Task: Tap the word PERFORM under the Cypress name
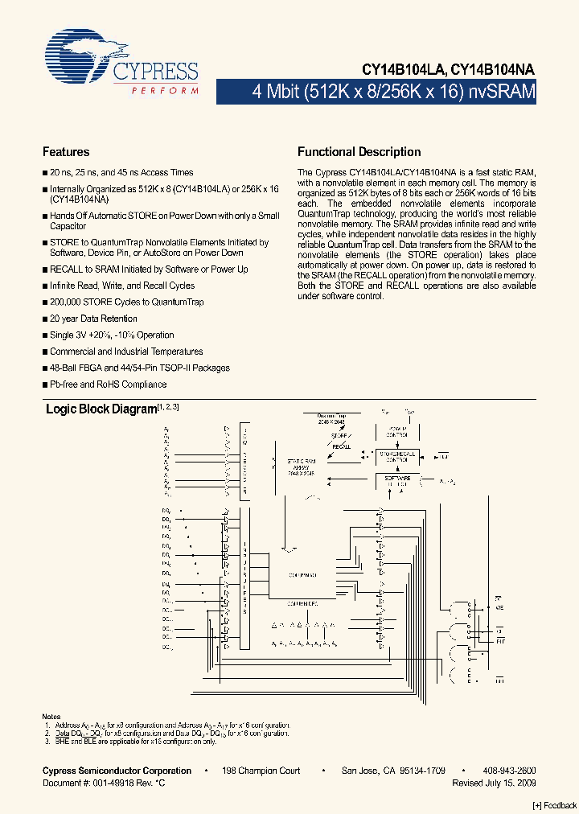165,91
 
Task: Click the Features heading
66,152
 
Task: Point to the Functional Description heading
359,152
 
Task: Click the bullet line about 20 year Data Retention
93,319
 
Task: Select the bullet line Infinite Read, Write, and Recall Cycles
121,286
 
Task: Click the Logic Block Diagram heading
101,409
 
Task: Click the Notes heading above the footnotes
51,717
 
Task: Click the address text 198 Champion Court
261,771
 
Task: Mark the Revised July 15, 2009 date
494,783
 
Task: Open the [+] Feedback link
555,806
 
